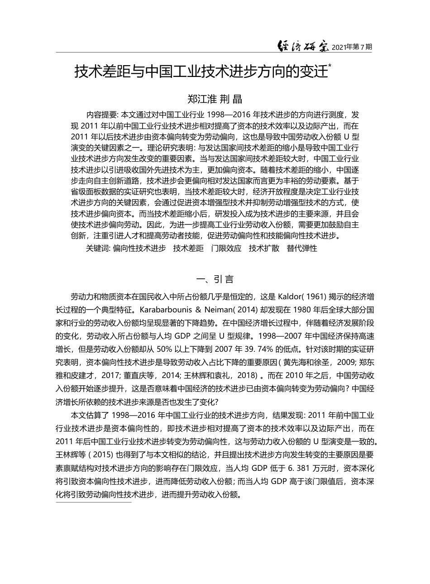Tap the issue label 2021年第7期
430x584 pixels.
(352, 47)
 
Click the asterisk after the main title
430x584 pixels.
(330, 66)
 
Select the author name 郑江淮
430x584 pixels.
(201, 98)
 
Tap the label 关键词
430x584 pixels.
(98, 248)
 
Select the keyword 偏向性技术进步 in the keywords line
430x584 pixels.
(139, 248)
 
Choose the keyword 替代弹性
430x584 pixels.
(302, 248)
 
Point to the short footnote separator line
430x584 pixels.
(93, 502)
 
